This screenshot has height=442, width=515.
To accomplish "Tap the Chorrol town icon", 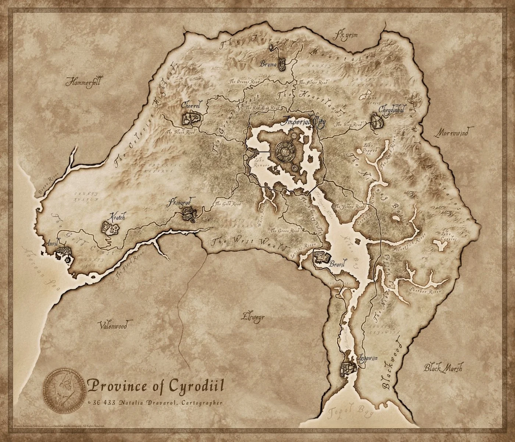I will tap(192, 118).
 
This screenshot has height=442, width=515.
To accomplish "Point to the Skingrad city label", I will tap(179, 203).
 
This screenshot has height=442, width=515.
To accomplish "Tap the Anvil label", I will tap(53, 243).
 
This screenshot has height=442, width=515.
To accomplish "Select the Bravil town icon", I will tap(322, 257).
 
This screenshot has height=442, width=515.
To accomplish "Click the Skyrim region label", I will tap(345, 35).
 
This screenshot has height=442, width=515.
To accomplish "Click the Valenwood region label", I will tap(113, 326).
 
